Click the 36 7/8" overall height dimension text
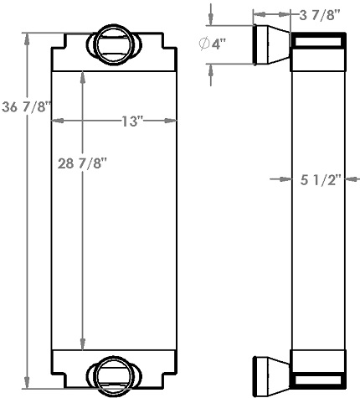[28, 106]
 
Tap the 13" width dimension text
[131, 121]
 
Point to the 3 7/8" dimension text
[321, 13]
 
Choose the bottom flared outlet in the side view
[270, 370]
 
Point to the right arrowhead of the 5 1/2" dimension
[349, 178]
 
